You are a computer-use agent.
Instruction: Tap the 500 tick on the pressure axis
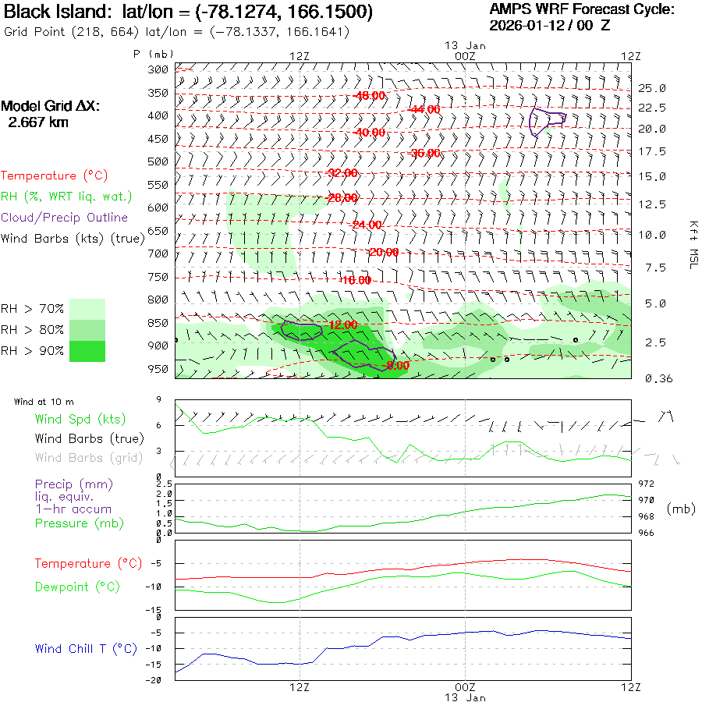158,161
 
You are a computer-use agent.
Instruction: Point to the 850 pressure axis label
158,323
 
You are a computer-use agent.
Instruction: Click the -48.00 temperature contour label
370,96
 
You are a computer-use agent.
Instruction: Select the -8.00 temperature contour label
398,364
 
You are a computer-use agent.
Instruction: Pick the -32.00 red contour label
342,172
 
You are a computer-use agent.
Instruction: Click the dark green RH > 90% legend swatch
87,351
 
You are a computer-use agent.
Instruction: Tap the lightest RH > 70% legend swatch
87,309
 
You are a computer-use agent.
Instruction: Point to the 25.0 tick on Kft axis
652,88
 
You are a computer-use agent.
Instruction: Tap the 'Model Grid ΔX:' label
51,106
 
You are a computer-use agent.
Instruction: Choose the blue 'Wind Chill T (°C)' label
86,649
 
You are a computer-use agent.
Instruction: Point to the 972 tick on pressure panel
647,484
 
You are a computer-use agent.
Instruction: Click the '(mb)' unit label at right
681,509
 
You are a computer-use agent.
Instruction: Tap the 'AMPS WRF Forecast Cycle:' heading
581,9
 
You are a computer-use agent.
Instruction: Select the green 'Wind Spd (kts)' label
80,420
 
